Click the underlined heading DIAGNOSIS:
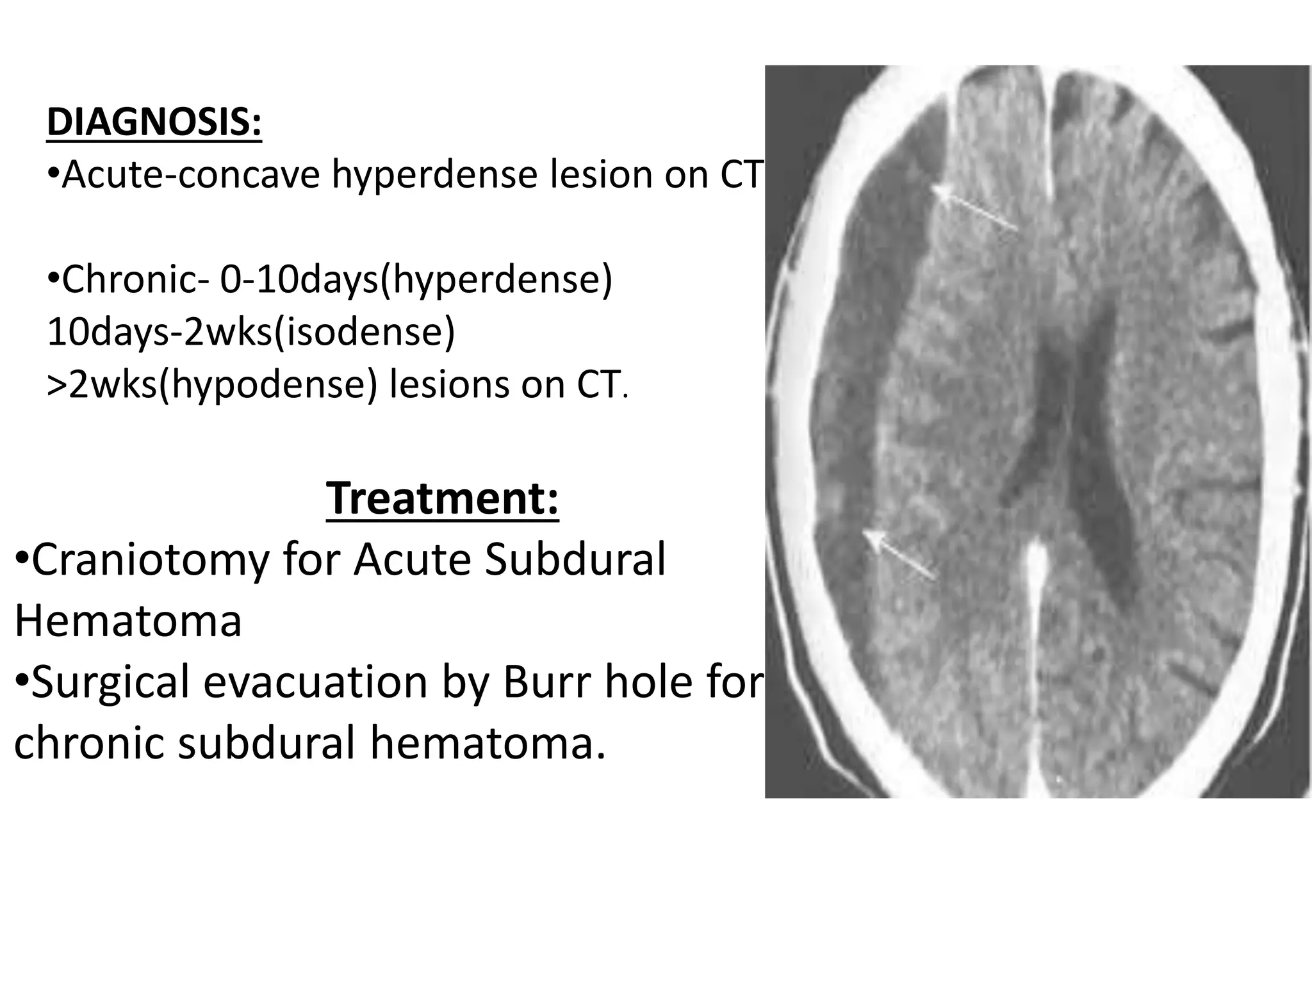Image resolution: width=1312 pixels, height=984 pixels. (154, 122)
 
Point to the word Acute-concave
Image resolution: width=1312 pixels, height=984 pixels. (191, 174)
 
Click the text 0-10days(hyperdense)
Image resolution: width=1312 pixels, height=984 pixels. (416, 280)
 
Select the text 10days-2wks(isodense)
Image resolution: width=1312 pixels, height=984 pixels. (250, 332)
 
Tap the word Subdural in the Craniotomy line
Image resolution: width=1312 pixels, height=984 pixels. (575, 559)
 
